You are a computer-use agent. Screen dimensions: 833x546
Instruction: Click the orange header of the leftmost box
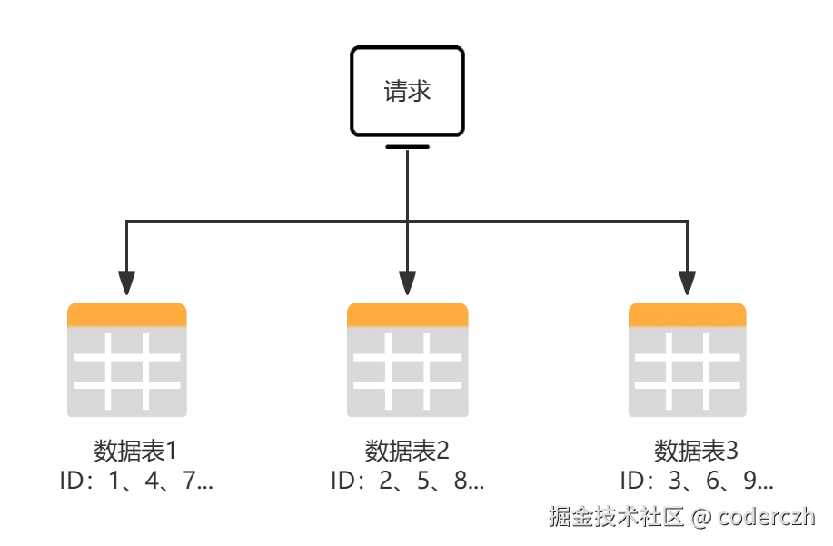pos(127,314)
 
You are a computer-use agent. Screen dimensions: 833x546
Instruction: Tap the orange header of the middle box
pos(407,314)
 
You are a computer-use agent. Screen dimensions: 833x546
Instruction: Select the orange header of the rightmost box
pos(688,314)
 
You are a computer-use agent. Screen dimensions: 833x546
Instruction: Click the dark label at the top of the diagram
pos(408,92)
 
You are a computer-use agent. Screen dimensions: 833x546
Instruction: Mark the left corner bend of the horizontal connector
pos(126,221)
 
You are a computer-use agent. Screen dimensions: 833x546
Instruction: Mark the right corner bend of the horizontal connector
pos(688,221)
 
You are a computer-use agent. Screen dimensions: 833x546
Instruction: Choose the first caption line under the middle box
pos(407,450)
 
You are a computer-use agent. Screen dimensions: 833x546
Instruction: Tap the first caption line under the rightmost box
pos(698,450)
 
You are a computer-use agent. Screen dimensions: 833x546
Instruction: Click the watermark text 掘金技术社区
pos(614,517)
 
